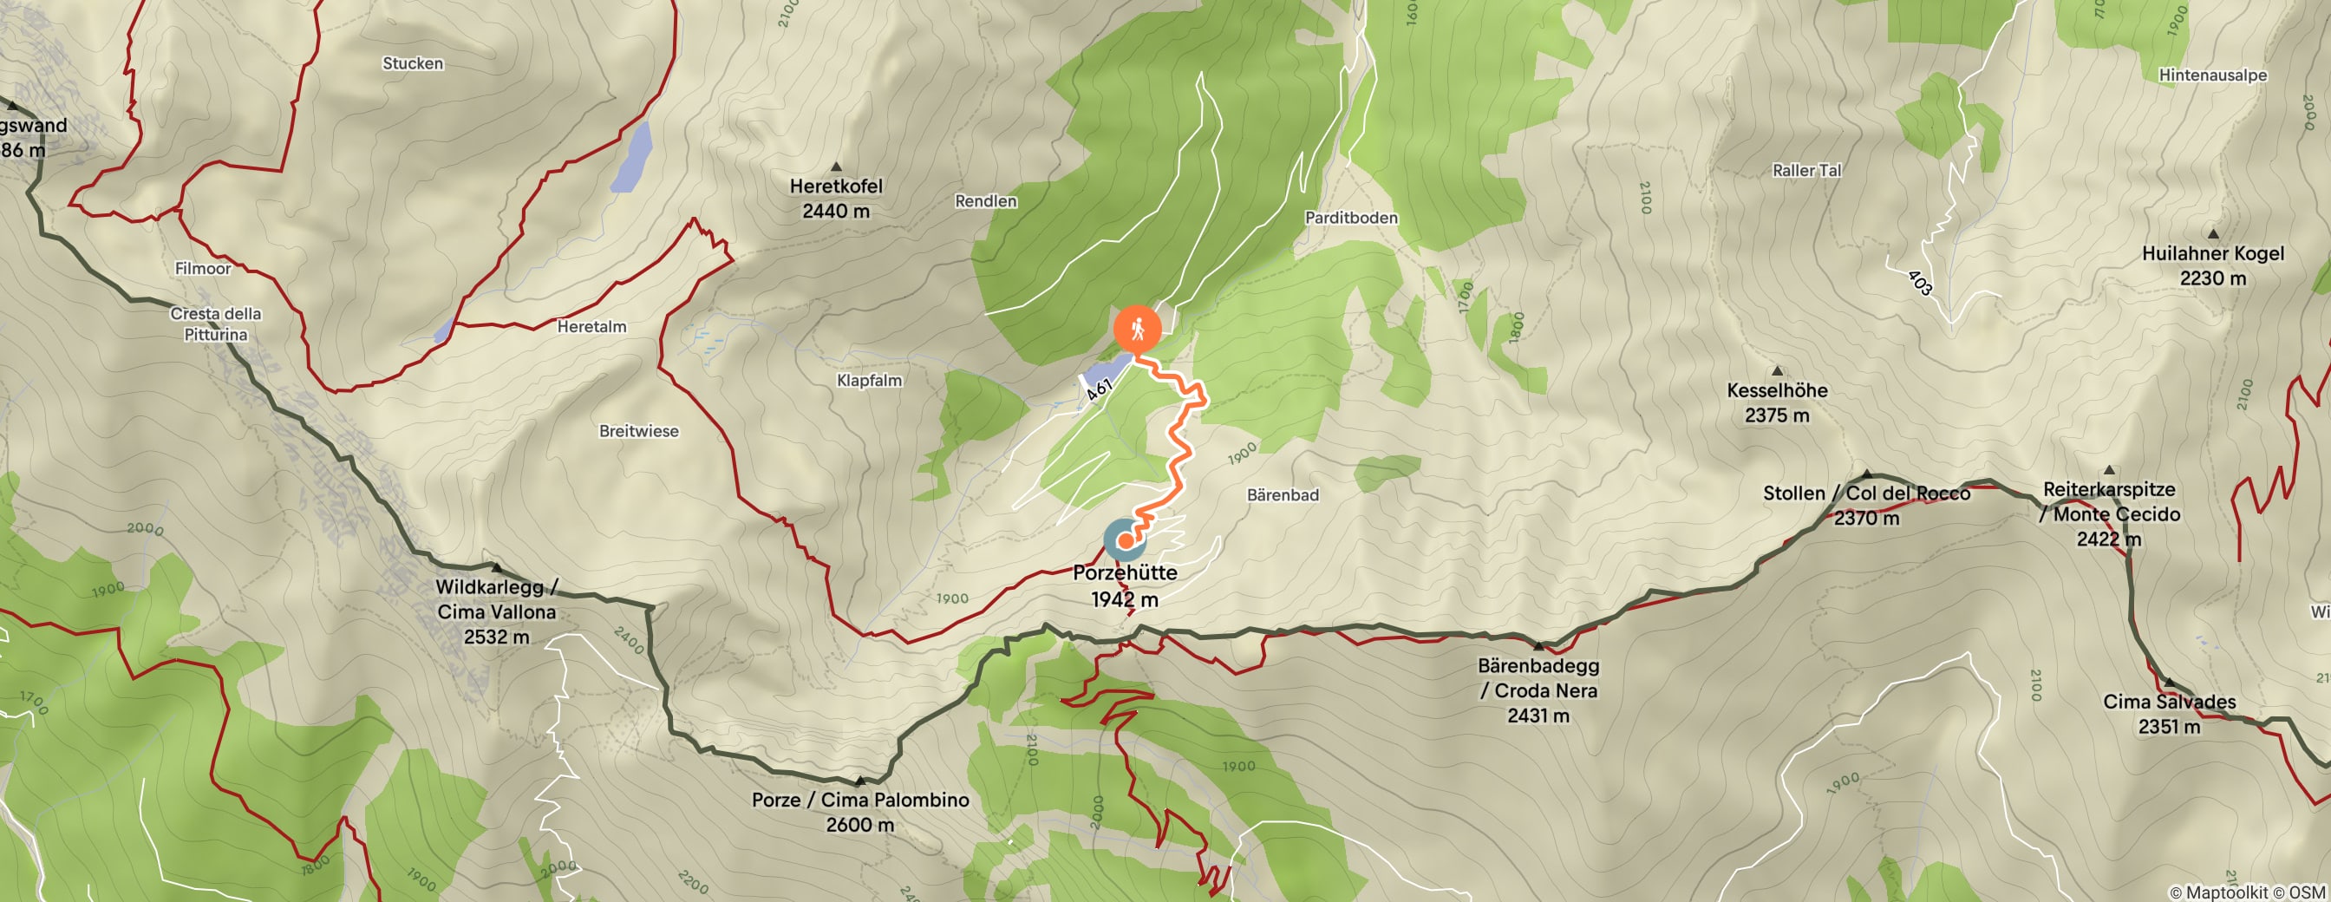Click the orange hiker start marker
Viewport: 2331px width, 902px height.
tap(1138, 330)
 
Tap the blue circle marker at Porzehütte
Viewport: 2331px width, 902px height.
tap(1125, 540)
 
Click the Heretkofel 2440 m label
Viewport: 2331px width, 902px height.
tap(835, 198)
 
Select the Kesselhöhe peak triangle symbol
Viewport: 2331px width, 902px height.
tap(1777, 371)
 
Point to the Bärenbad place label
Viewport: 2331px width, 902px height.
tap(1283, 495)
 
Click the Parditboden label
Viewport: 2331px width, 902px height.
tap(1350, 218)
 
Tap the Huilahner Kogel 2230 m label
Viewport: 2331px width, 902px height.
tap(2212, 266)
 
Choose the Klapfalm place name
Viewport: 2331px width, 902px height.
tap(869, 381)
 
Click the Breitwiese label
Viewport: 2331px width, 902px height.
tap(638, 432)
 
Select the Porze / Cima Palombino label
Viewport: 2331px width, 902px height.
tap(859, 812)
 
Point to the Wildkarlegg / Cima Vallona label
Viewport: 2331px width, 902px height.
tap(496, 611)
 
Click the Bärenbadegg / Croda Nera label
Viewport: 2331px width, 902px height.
tap(1538, 690)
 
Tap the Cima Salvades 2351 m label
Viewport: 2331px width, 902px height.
tap(2168, 714)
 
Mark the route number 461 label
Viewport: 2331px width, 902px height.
tap(1098, 390)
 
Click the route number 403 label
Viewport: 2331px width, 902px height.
tap(1919, 282)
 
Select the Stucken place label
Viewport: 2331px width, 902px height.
tap(413, 63)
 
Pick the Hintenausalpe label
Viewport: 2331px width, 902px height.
tap(2212, 75)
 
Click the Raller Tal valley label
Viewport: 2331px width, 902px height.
tap(1806, 170)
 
